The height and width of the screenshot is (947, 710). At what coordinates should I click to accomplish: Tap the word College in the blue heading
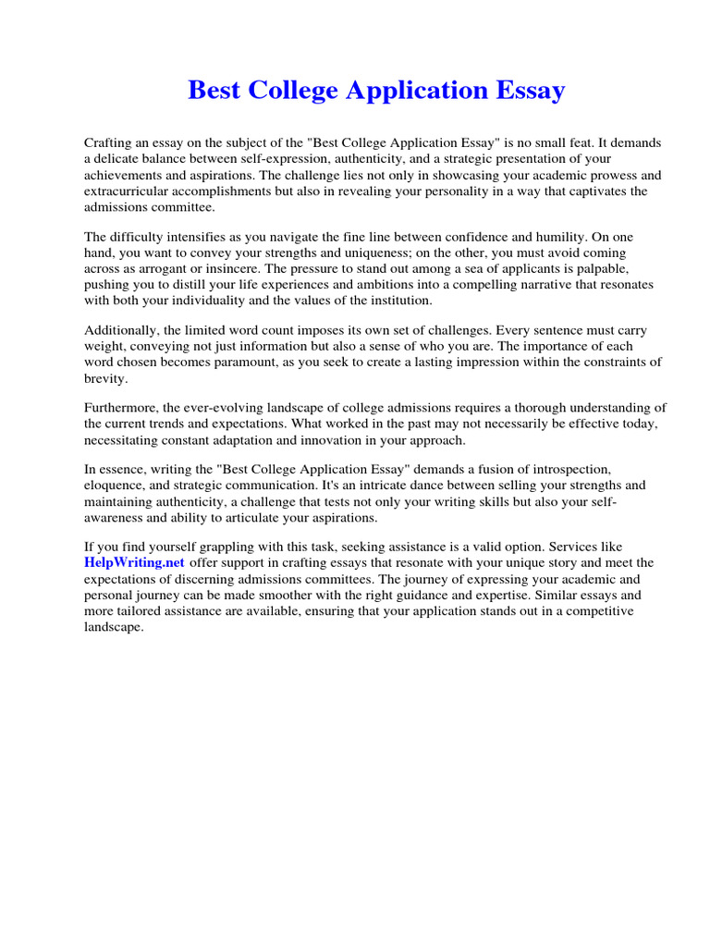(x=295, y=91)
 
